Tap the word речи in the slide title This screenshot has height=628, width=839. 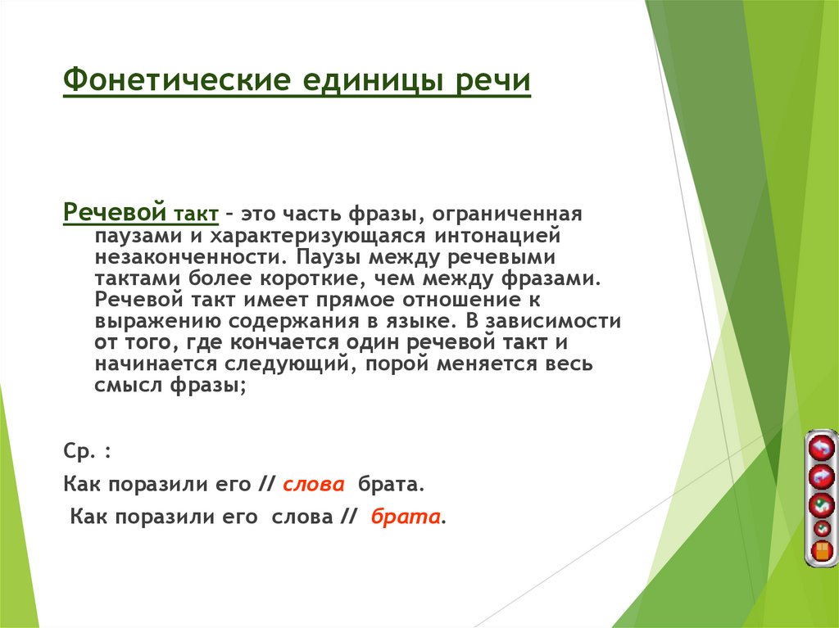pos(493,82)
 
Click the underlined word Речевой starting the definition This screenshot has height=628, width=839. pos(116,213)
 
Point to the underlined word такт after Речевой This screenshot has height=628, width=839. pos(195,215)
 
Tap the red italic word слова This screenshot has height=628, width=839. pos(313,484)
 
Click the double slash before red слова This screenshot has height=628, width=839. pos(265,484)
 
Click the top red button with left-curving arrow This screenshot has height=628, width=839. pos(820,448)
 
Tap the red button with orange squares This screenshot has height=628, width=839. pos(820,551)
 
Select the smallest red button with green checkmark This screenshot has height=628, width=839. pos(820,528)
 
